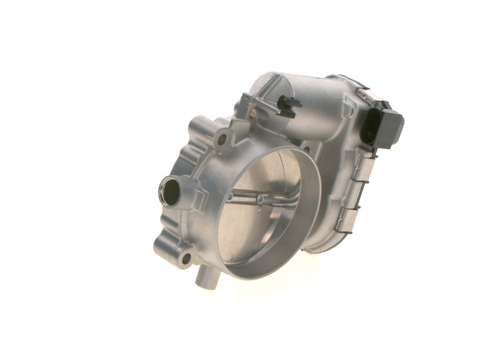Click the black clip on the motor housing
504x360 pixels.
[x=289, y=106]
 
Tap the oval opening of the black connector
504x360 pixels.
[x=370, y=126]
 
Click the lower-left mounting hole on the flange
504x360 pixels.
[x=186, y=258]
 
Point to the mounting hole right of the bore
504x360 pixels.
[x=307, y=150]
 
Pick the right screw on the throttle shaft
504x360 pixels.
[x=260, y=199]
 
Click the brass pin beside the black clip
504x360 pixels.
[x=254, y=114]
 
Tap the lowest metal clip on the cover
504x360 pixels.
[x=346, y=220]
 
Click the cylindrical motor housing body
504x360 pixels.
[x=311, y=110]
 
